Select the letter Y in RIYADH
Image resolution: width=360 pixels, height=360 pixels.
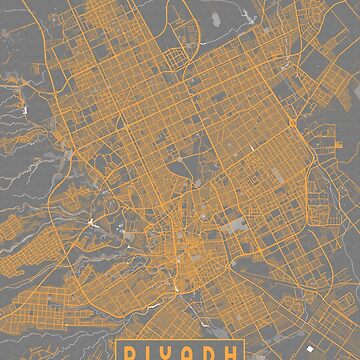(171, 351)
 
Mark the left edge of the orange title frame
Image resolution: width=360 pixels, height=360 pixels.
(119, 351)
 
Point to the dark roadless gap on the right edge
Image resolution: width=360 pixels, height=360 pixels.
(345, 150)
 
